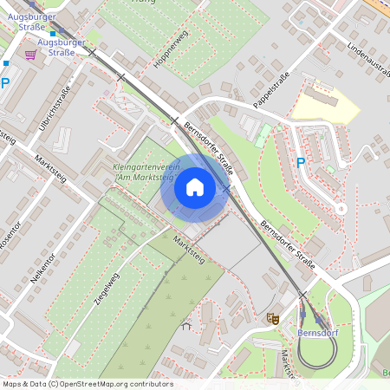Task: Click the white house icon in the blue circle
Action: (195, 187)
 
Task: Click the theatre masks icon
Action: (272, 320)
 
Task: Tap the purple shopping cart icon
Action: (31, 55)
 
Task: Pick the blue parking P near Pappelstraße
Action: (301, 162)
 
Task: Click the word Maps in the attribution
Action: (13, 384)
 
